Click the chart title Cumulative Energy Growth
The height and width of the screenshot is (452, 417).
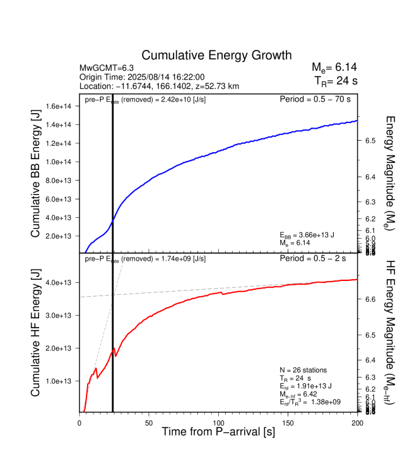click(216, 55)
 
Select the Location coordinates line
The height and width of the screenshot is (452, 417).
click(159, 86)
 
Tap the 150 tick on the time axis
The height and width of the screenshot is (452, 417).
click(288, 422)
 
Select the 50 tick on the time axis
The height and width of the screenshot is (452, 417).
click(149, 422)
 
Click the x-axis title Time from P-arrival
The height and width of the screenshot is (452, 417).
click(218, 432)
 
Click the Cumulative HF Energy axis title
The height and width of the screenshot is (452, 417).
click(35, 333)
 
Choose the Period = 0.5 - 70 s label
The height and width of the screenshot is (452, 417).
click(315, 99)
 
